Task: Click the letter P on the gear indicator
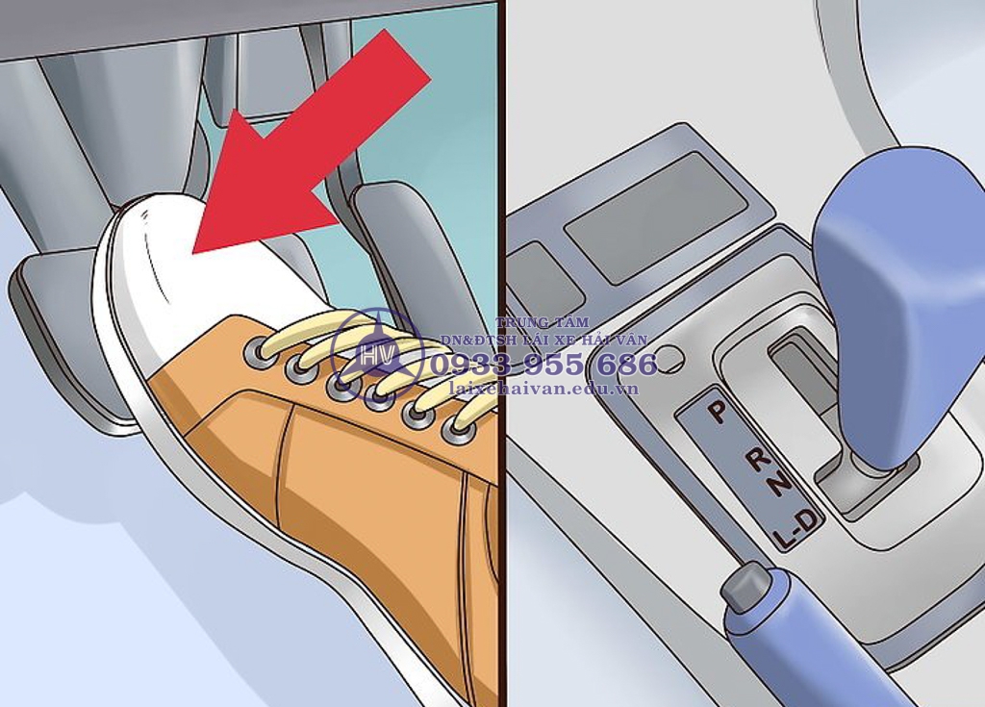pyautogui.click(x=716, y=412)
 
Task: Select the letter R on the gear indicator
pyautogui.click(x=758, y=460)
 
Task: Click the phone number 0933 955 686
pyautogui.click(x=544, y=365)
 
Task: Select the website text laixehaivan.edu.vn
pyautogui.click(x=544, y=389)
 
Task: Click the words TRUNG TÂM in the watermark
pyautogui.click(x=543, y=322)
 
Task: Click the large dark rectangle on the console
pyautogui.click(x=656, y=216)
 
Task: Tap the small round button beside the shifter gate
pyautogui.click(x=669, y=358)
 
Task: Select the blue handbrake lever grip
pyautogui.click(x=810, y=647)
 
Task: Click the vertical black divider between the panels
pyautogui.click(x=502, y=353)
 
